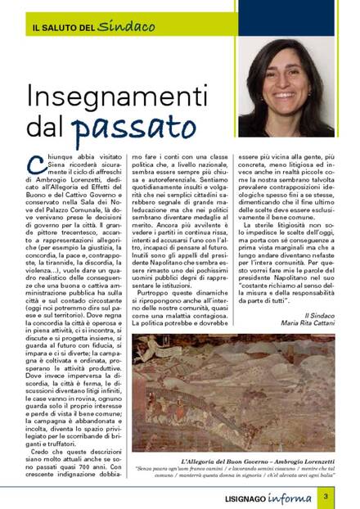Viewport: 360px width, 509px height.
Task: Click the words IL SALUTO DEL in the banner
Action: [x=64, y=27]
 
